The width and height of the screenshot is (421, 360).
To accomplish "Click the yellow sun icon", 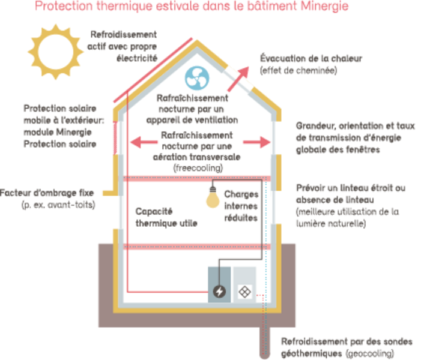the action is [x=56, y=52].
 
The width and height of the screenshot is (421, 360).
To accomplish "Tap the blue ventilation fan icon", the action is [x=197, y=78].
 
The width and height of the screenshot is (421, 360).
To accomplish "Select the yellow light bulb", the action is [x=213, y=197].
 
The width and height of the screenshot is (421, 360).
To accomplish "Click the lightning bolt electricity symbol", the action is [x=219, y=292].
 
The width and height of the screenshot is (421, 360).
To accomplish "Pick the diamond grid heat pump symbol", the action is [x=244, y=292].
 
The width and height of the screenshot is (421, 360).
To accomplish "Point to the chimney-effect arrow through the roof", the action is [x=238, y=79].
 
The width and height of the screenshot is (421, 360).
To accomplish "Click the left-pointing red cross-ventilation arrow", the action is [x=144, y=142].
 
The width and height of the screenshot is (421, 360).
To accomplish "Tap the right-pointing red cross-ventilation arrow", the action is [x=256, y=142].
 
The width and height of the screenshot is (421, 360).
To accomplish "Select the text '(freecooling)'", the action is [x=198, y=168].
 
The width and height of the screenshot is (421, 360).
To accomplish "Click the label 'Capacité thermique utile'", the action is [x=166, y=217].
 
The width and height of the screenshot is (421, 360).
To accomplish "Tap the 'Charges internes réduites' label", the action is [x=241, y=206].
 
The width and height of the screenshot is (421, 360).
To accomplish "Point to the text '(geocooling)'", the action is [x=370, y=353].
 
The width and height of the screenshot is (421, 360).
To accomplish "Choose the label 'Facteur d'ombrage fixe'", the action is [x=47, y=193].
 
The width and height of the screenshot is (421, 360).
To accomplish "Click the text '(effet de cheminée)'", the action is [x=298, y=71].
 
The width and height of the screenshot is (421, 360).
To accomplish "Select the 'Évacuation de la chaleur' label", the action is [x=311, y=58].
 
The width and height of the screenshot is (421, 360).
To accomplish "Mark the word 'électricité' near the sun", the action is [x=137, y=58].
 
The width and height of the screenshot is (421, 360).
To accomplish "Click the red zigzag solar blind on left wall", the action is [x=115, y=138].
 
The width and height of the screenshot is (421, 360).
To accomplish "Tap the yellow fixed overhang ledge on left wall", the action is [x=110, y=193].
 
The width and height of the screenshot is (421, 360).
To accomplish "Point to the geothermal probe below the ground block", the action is [x=264, y=343].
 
